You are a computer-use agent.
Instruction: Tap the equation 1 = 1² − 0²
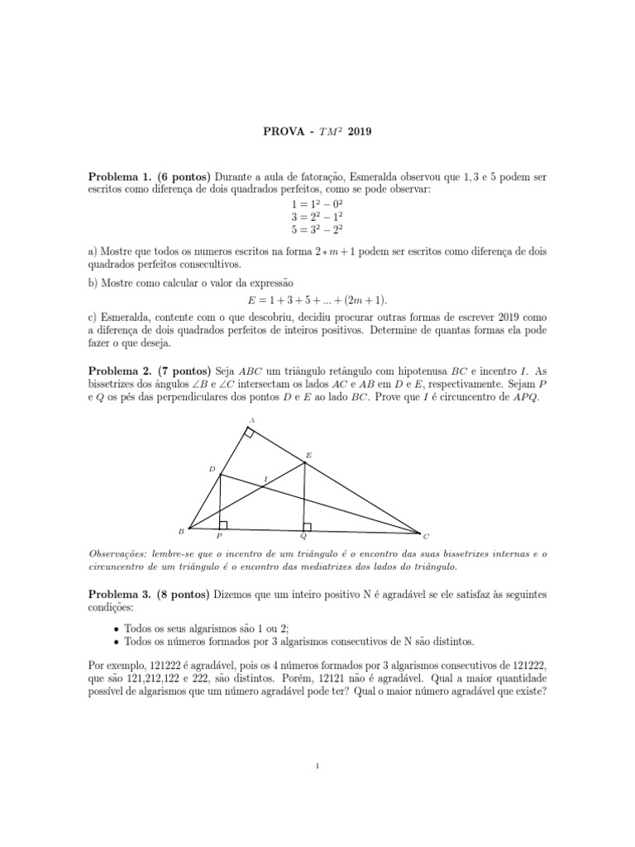(x=318, y=203)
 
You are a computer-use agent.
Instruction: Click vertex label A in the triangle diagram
(x=251, y=420)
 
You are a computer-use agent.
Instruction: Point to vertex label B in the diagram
(x=181, y=531)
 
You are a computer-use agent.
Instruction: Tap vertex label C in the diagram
(x=426, y=536)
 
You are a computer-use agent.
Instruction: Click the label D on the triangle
(x=212, y=469)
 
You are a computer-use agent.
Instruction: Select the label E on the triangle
(x=308, y=455)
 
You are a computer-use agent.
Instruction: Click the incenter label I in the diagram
(x=265, y=479)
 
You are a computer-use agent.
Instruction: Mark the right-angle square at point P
(x=223, y=524)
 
